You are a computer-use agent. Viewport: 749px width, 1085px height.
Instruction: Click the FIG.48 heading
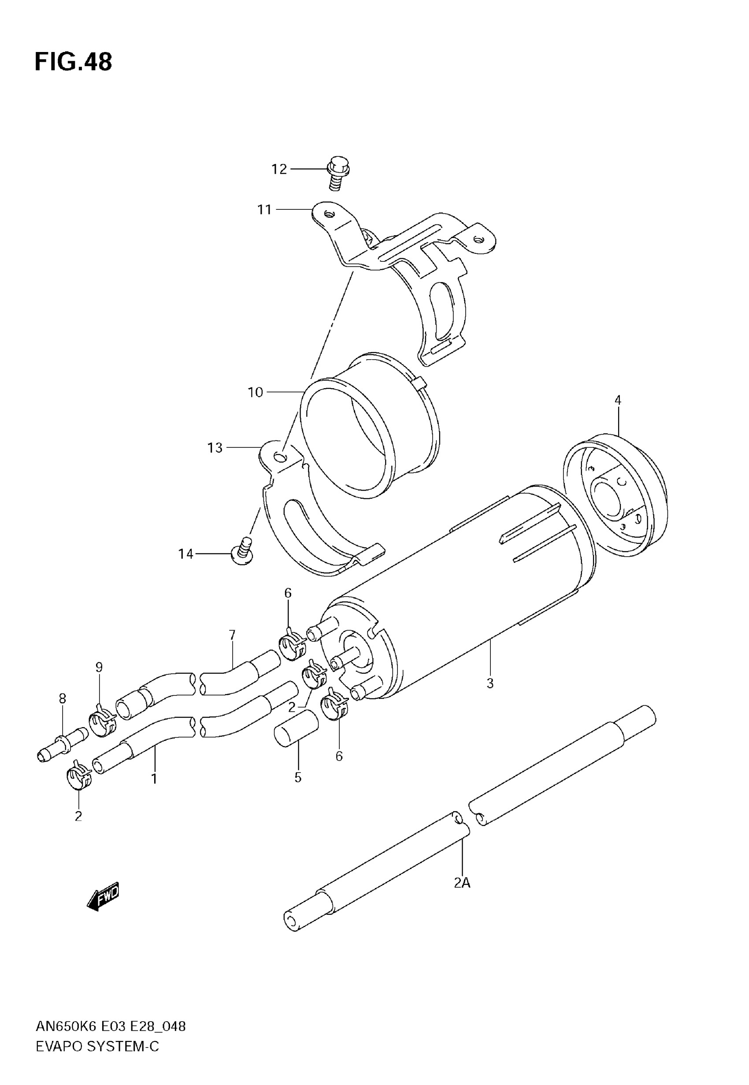(74, 62)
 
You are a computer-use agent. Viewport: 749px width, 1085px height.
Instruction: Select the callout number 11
(264, 209)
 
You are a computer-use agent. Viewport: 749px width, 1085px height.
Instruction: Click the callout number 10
(255, 392)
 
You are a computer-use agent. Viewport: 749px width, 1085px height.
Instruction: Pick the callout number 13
(215, 448)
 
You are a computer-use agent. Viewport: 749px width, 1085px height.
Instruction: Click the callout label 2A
(462, 883)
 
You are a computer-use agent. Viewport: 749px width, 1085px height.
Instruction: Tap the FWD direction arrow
(104, 896)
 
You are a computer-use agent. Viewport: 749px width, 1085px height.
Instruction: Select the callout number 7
(232, 635)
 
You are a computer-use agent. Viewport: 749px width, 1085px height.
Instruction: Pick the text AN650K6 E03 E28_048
(111, 1026)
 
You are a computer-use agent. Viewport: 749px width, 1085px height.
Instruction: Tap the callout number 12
(279, 169)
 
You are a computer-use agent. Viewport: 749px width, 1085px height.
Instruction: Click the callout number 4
(618, 400)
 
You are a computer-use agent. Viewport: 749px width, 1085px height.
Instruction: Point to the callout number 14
(186, 554)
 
